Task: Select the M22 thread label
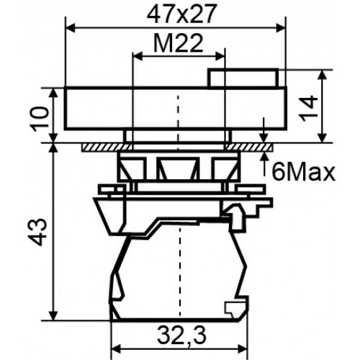[179, 43]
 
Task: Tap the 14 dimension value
[309, 109]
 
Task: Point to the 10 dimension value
[40, 119]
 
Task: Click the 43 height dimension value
[37, 233]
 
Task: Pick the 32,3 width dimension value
[181, 336]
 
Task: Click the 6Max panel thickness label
[303, 172]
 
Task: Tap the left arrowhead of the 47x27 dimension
[70, 28]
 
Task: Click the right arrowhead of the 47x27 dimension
[281, 28]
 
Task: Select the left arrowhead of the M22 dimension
[138, 56]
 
